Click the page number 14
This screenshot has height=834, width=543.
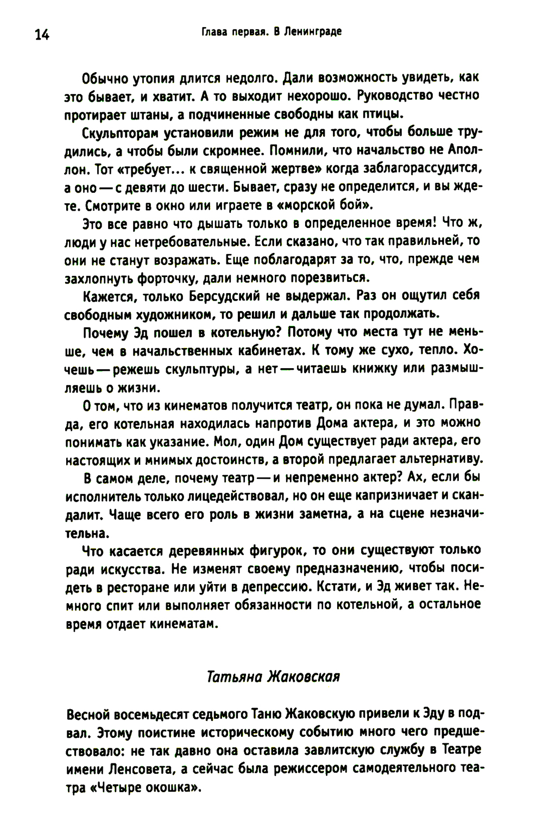(x=42, y=35)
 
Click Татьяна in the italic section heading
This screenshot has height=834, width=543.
(x=232, y=677)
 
